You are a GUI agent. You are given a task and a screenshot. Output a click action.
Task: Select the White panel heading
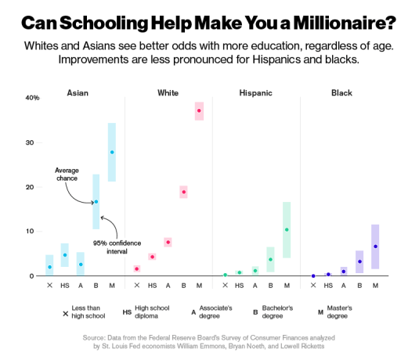[x=168, y=92]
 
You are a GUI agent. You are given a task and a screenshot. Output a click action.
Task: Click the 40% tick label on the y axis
[x=32, y=98]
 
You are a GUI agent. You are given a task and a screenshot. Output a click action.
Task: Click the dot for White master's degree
[x=199, y=111]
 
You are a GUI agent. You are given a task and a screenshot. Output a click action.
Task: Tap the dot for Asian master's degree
[x=112, y=152]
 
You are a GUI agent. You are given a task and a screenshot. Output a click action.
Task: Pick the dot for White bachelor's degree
[x=184, y=192]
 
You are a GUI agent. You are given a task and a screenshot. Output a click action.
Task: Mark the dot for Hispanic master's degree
[x=287, y=229]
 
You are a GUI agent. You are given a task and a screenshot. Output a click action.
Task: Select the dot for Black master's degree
[x=375, y=247]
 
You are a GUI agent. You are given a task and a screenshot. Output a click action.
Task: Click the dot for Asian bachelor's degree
[x=96, y=202]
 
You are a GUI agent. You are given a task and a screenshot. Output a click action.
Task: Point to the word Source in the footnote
[x=96, y=337]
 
